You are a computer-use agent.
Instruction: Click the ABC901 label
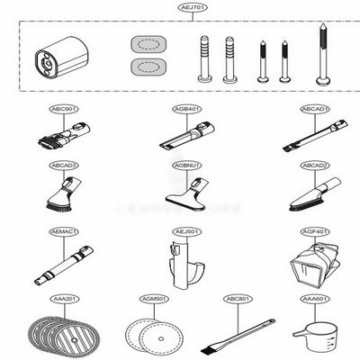coord(65,110)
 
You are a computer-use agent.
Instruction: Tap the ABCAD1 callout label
coord(314,110)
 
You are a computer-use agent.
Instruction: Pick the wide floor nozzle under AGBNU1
coord(188,191)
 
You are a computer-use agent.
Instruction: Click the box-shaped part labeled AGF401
coord(312,262)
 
